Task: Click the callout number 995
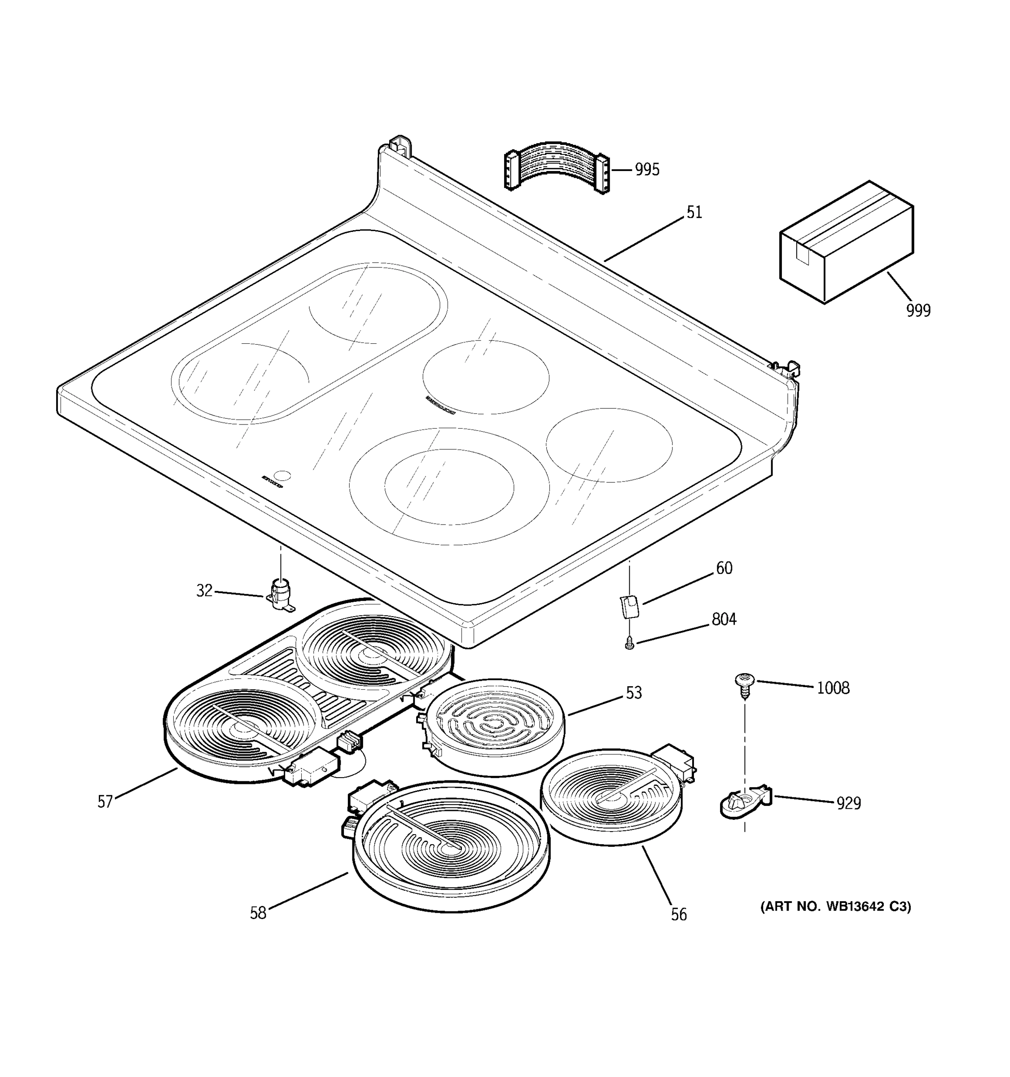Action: [x=647, y=170]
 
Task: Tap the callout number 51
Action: [x=694, y=212]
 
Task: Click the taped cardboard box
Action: [x=846, y=241]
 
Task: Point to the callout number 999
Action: [x=918, y=311]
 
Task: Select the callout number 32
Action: [x=204, y=591]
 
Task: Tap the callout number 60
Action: [x=724, y=568]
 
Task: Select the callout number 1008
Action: [x=833, y=688]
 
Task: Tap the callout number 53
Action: [x=633, y=693]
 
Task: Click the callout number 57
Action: [x=105, y=802]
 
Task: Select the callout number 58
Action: [x=258, y=913]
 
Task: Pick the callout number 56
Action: [x=678, y=915]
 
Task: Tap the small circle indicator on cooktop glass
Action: [x=283, y=476]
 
